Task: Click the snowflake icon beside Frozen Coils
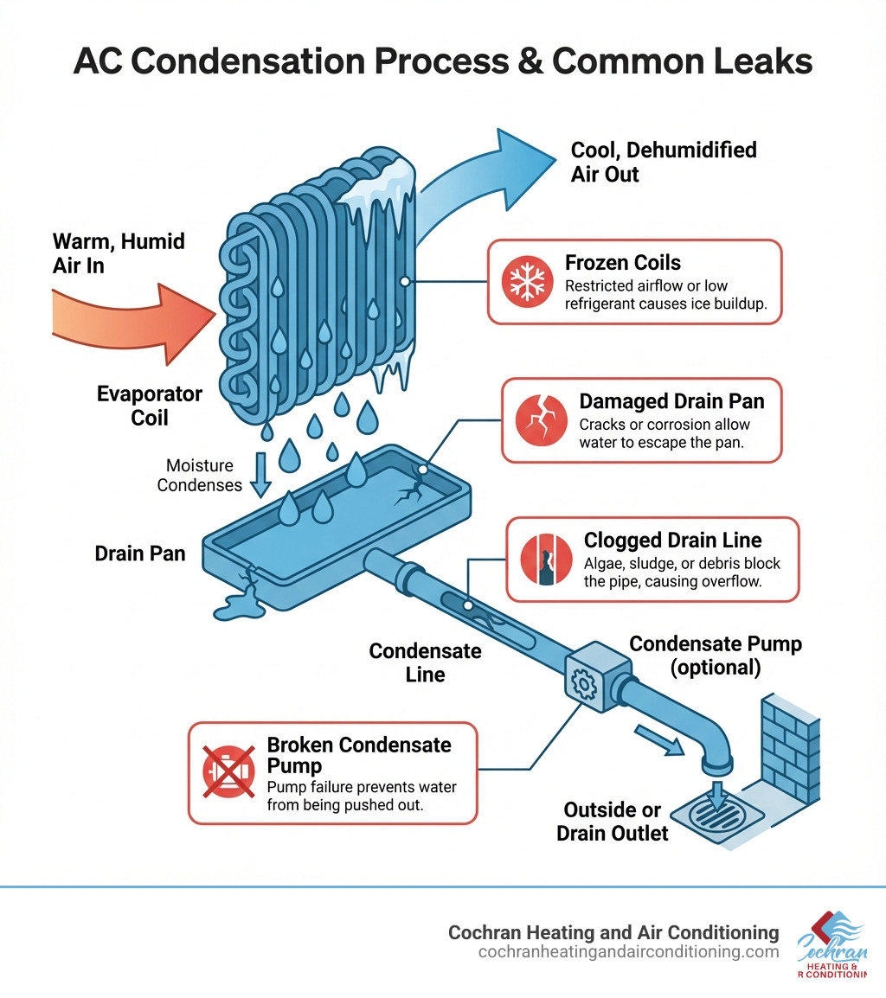tap(525, 282)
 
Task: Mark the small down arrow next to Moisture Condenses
tap(259, 476)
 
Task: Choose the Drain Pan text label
tap(140, 553)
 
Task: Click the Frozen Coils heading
tap(622, 263)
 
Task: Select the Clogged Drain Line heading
tap(672, 541)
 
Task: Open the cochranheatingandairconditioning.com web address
tap(627, 951)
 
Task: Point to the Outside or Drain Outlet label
tap(612, 822)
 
